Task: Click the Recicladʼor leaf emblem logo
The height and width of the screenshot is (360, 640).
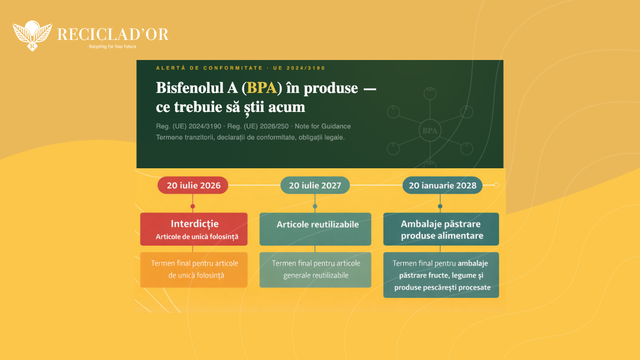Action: click(x=32, y=36)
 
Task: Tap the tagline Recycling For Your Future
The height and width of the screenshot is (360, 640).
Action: click(x=112, y=46)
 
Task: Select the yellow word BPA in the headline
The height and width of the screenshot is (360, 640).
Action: click(x=262, y=88)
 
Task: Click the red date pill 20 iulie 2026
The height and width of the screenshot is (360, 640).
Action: click(x=193, y=185)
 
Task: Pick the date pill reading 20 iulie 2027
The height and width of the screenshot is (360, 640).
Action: click(x=315, y=185)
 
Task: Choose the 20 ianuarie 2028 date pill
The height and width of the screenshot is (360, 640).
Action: click(x=442, y=185)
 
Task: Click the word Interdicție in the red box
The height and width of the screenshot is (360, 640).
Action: click(x=194, y=224)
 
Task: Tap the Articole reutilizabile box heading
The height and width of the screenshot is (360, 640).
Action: click(x=318, y=225)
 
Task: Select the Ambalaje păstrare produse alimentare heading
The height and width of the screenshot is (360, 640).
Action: click(x=442, y=230)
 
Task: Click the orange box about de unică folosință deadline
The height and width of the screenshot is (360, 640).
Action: click(x=193, y=270)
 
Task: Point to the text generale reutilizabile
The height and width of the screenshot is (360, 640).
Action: click(x=316, y=275)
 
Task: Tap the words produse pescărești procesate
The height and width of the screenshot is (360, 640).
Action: click(x=442, y=287)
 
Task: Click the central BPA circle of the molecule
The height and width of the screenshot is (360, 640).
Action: click(x=430, y=131)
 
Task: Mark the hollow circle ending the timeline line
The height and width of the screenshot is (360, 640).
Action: click(x=497, y=185)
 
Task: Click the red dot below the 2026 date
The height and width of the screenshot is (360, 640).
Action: click(x=193, y=206)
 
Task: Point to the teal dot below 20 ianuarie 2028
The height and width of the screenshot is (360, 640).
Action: click(x=440, y=206)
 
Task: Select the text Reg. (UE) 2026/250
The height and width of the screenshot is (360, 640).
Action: click(x=258, y=127)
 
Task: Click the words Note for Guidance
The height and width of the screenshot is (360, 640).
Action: click(x=322, y=127)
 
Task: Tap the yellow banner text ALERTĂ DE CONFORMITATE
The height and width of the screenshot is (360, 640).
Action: click(x=209, y=68)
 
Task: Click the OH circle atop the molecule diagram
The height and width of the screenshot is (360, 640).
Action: click(x=430, y=93)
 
